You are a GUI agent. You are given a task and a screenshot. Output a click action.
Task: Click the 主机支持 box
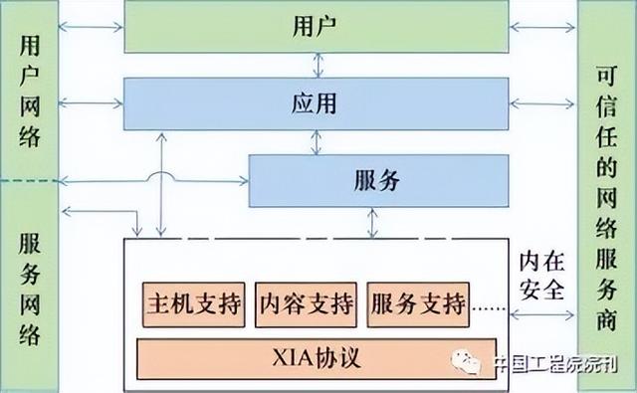point(194,301)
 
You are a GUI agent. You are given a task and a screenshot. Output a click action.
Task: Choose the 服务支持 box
point(418,301)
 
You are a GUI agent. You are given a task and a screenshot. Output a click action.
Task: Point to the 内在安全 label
point(542,276)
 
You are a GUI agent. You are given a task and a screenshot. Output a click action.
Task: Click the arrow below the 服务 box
point(372,223)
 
